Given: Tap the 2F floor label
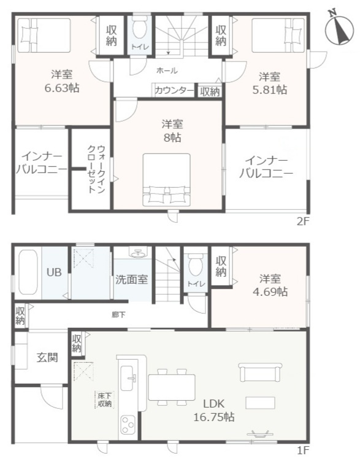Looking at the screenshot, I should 302,222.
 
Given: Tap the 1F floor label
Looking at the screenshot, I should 302,451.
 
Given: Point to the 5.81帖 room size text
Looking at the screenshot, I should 269,90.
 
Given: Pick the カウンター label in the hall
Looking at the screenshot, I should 175,91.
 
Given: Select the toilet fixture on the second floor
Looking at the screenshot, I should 138,29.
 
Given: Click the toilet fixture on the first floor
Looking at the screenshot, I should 195,266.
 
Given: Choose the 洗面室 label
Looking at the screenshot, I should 131,280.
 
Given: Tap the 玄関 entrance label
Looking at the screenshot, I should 47,357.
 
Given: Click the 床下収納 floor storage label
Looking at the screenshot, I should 104,400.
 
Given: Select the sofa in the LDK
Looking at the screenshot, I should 261,373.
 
